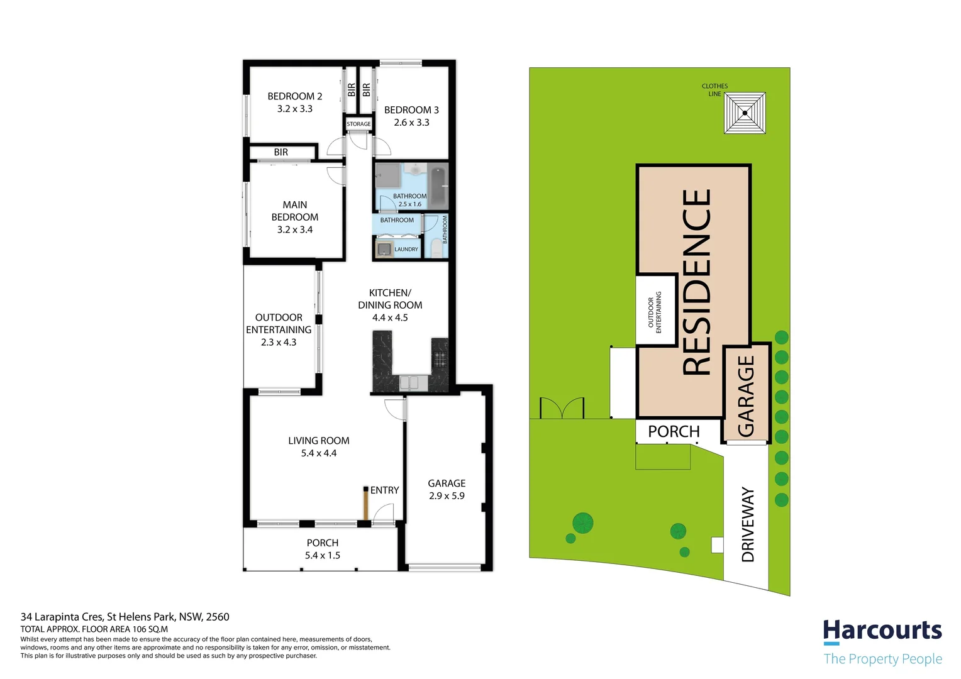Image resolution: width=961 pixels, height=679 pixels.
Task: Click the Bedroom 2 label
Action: click(x=295, y=97)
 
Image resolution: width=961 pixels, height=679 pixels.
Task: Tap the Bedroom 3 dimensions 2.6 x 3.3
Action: click(x=411, y=123)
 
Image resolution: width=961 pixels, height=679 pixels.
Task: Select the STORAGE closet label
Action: click(x=358, y=124)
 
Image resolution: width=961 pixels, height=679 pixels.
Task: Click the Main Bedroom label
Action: click(x=295, y=211)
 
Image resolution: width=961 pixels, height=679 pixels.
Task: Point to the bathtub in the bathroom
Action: click(x=438, y=187)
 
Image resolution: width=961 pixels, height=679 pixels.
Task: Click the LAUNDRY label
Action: click(x=406, y=249)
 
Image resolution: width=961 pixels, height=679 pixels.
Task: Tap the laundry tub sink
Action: click(x=384, y=249)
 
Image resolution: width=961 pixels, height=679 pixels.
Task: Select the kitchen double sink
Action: click(x=409, y=383)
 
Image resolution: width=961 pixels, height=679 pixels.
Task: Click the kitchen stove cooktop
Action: click(x=440, y=358)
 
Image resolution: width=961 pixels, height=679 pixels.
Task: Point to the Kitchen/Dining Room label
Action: click(x=390, y=299)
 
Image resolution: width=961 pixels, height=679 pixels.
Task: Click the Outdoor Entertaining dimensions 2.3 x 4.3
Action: click(x=279, y=342)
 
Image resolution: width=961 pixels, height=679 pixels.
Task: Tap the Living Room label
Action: click(x=319, y=441)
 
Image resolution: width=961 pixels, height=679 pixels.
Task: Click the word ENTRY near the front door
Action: click(x=384, y=490)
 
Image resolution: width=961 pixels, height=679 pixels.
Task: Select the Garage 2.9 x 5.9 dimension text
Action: click(x=447, y=496)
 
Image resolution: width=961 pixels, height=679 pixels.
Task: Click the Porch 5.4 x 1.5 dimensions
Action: click(x=323, y=556)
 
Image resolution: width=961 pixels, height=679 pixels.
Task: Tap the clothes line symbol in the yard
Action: click(x=745, y=113)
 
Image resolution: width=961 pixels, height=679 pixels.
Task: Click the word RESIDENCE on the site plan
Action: click(x=696, y=282)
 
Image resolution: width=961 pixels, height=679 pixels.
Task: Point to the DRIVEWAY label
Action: click(x=748, y=524)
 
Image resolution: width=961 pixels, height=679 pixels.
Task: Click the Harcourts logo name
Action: click(x=882, y=631)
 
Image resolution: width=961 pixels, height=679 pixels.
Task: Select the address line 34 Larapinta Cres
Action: click(x=62, y=617)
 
